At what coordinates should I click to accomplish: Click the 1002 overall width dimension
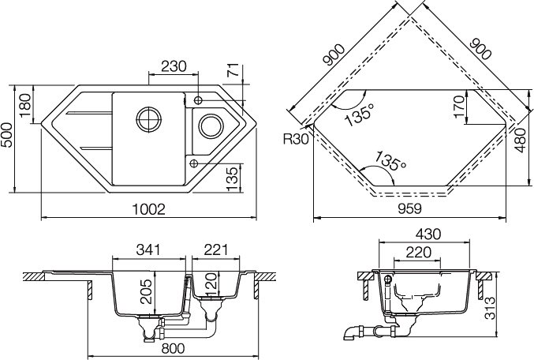point(148,209)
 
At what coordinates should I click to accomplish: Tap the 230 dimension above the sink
point(174,66)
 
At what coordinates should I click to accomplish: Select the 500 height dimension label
point(6,135)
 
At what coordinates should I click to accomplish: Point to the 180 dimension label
point(25,105)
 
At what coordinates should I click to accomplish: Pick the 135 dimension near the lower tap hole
point(232,179)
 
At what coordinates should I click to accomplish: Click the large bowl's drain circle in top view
point(148,119)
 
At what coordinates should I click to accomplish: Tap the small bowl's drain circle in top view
point(211,126)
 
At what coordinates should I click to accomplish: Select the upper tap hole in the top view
point(198,100)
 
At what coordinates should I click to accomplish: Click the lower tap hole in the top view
point(193,163)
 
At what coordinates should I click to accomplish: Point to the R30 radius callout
point(296,140)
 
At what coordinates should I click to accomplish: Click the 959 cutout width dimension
point(409,208)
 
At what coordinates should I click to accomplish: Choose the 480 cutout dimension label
point(521,141)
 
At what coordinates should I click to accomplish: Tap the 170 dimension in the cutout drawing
point(459,107)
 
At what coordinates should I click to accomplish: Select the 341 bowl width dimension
point(148,250)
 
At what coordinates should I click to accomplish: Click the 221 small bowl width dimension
point(215,250)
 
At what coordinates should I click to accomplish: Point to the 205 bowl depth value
point(146,291)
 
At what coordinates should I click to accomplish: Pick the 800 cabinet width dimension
point(173,348)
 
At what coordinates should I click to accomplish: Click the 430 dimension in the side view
point(428,234)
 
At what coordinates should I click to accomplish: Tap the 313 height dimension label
point(490,308)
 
